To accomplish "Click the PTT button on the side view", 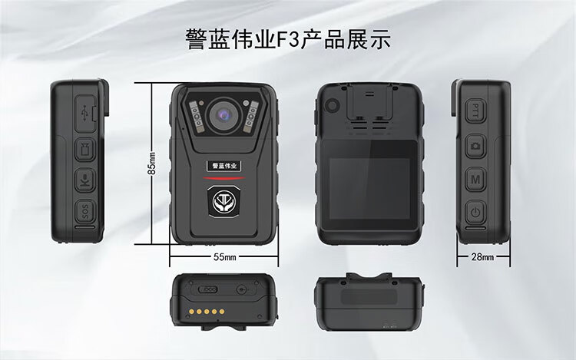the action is (x=475, y=111).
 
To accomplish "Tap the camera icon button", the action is (x=475, y=146).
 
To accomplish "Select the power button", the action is (x=475, y=212).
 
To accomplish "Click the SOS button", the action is (x=85, y=211).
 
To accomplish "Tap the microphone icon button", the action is (x=85, y=180).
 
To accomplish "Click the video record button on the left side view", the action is (x=85, y=149).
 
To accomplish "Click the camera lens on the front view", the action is (x=223, y=115).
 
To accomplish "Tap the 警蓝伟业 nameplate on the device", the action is (x=224, y=166).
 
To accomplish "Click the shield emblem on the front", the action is (x=223, y=201).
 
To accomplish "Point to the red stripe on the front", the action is (x=223, y=178).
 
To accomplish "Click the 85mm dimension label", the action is (x=153, y=163).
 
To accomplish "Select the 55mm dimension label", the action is (x=225, y=257).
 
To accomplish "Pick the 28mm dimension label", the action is (x=483, y=257).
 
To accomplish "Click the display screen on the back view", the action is (x=369, y=189).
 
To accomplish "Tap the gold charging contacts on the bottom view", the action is (x=207, y=312).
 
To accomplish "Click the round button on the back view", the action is (x=332, y=106).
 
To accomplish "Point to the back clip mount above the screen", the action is (x=369, y=103).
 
